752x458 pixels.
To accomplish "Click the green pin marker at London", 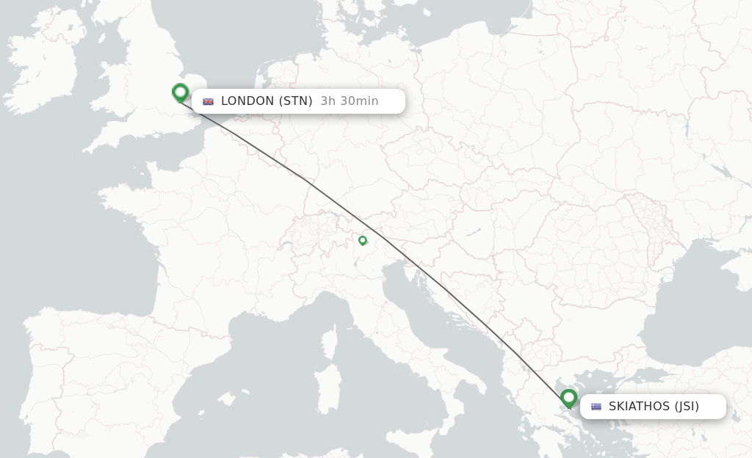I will (180, 92).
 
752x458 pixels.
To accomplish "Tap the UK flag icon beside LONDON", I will (208, 101).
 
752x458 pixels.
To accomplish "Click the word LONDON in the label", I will (247, 101).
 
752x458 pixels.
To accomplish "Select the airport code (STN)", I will (295, 101).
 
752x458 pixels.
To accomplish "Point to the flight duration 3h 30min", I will (350, 101).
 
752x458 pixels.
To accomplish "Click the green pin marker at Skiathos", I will (568, 398).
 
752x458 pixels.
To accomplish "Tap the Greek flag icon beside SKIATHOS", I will (596, 407).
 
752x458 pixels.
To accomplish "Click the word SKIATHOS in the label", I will (639, 407).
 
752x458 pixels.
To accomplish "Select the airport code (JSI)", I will (687, 407).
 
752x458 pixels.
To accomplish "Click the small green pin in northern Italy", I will (362, 240).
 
